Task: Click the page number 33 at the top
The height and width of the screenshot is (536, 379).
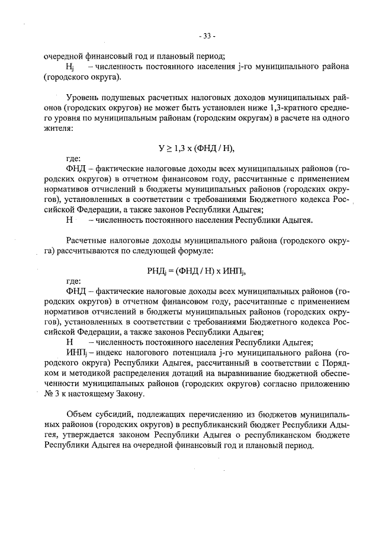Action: point(207,34)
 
